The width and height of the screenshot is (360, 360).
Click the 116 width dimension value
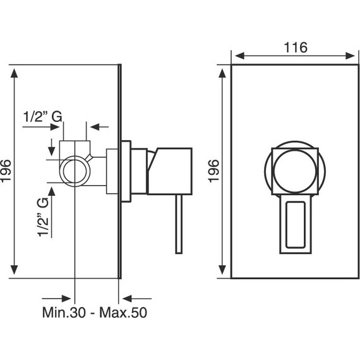[x=295, y=47]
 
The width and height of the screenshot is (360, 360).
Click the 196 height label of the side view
[x=6, y=171]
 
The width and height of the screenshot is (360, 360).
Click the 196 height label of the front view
[x=213, y=171]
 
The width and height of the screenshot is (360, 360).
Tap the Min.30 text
[x=64, y=313]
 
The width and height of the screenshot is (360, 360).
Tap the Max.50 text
[x=123, y=313]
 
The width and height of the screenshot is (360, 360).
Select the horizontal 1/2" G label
[x=43, y=116]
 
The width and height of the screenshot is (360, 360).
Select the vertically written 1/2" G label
[x=43, y=217]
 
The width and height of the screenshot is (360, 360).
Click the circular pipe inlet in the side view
[x=75, y=171]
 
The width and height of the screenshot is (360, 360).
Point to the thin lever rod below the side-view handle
[x=179, y=224]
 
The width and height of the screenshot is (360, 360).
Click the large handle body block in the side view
[x=170, y=171]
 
